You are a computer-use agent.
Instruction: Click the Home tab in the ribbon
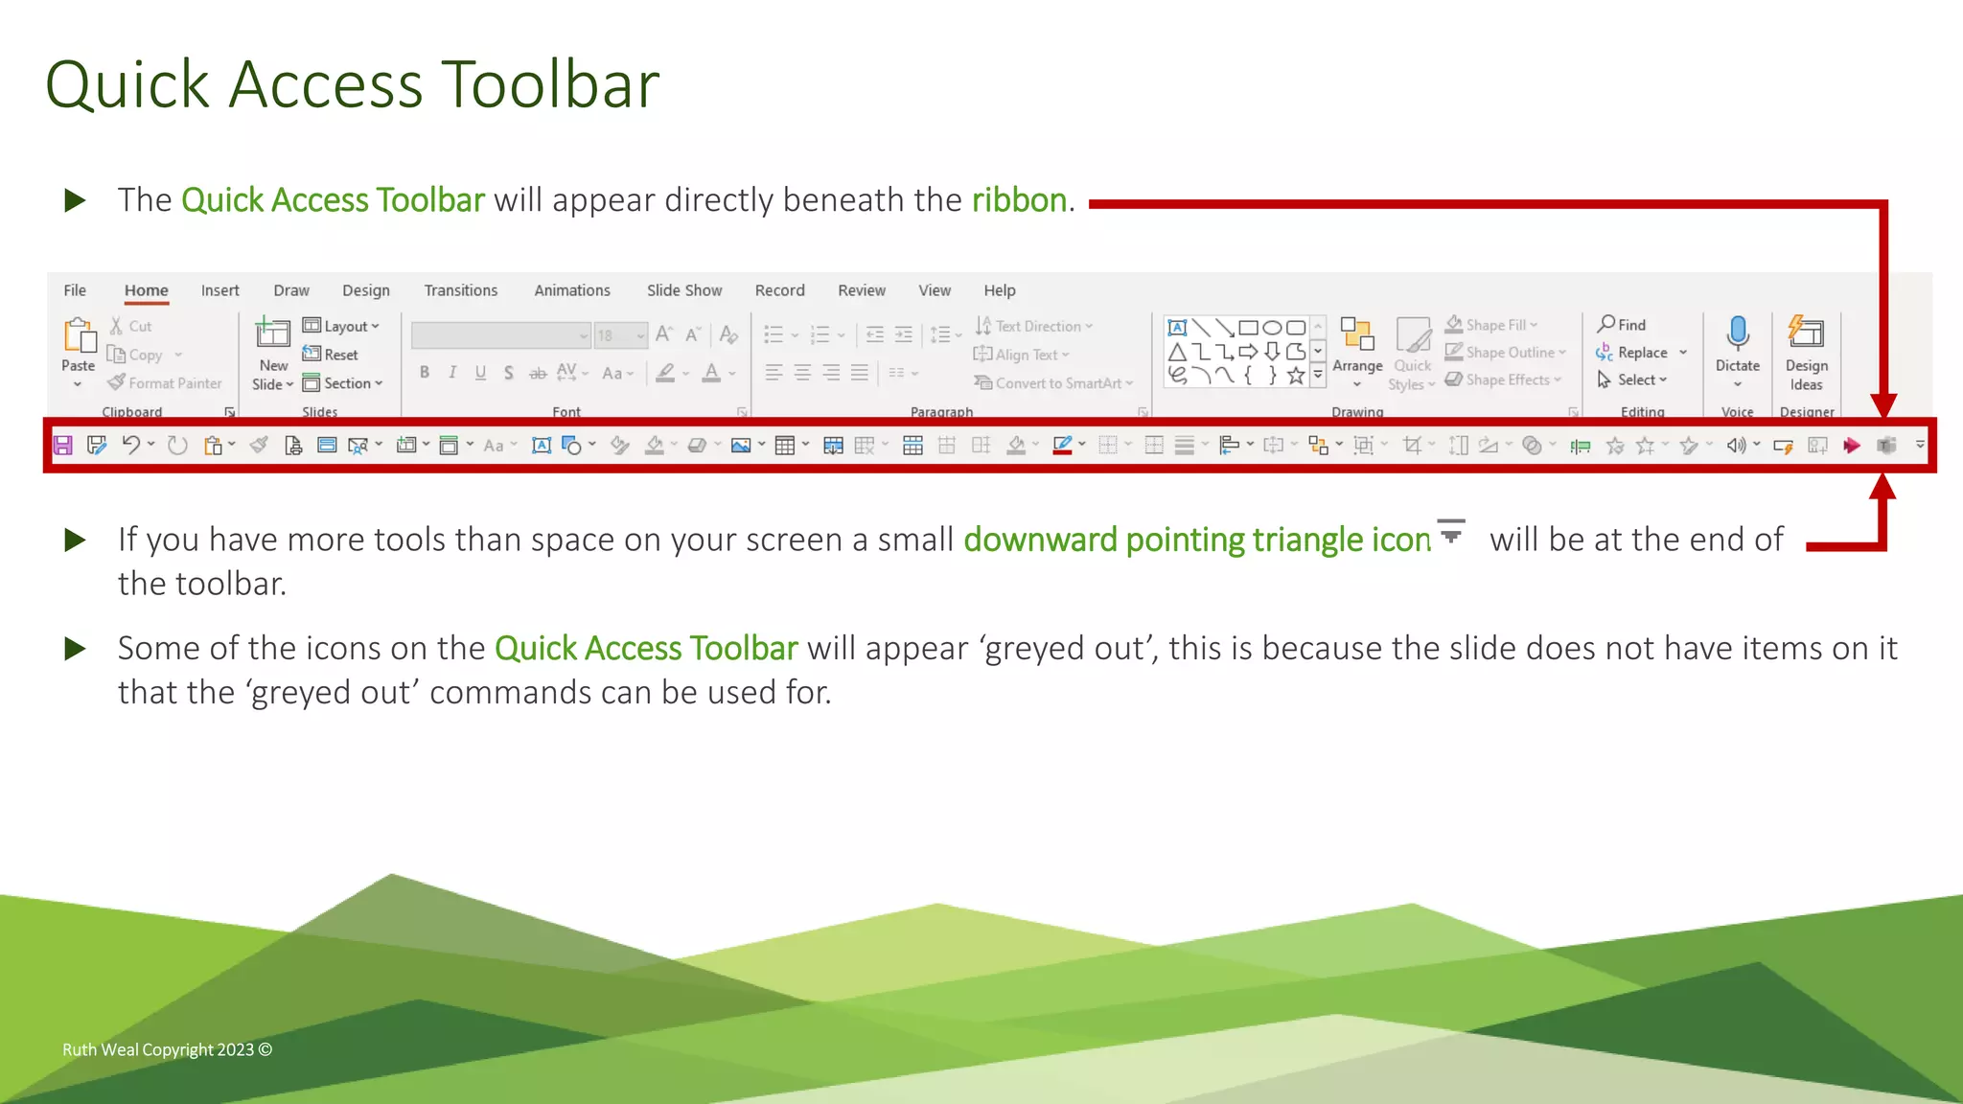146,290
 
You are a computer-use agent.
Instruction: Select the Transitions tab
460,290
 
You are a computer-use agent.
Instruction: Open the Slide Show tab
683,290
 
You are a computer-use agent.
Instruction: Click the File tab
75,290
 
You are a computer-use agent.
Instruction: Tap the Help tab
999,290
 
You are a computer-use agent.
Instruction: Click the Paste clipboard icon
79,336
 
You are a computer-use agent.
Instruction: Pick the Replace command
1641,353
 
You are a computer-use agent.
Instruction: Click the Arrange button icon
1356,334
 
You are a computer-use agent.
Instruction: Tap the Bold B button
425,373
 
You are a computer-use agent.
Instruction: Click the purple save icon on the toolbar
63,445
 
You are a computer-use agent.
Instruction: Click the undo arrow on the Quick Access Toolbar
131,445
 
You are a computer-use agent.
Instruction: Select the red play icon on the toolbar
1851,445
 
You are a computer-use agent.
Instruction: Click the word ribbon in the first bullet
1018,199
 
